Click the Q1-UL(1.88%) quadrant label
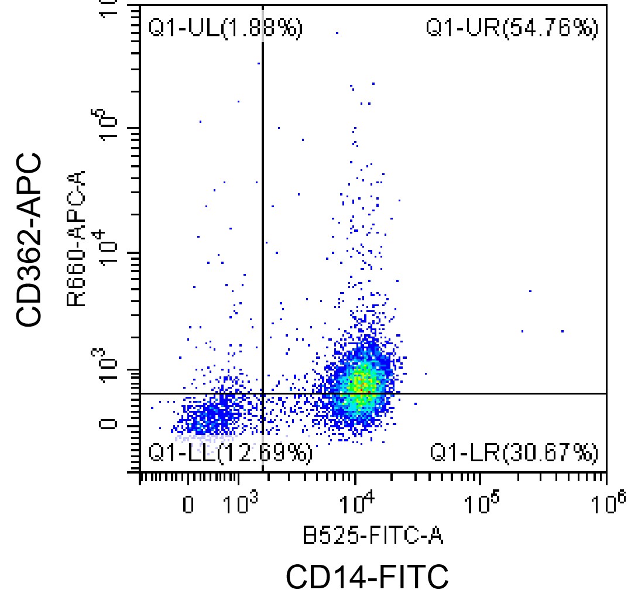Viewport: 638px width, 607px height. tap(225, 28)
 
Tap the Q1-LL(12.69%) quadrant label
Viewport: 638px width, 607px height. tap(230, 452)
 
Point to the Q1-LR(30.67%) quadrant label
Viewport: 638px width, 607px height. tap(514, 452)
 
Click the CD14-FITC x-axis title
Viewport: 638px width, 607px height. tap(367, 577)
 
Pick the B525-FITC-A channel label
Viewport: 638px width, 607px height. tap(373, 534)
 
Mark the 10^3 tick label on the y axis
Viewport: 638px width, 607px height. tap(107, 366)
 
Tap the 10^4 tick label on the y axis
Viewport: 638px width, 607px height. tap(107, 249)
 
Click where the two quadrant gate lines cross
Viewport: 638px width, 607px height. tap(262, 393)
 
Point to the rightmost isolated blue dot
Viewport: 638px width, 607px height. tap(562, 331)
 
